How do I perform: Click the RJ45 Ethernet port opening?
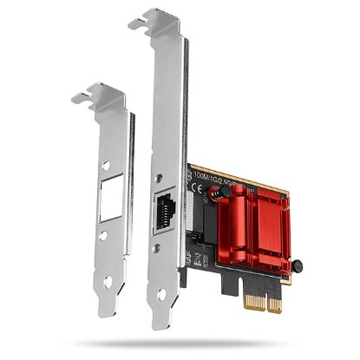pyautogui.click(x=166, y=210)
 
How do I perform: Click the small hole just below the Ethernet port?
pyautogui.click(x=166, y=247)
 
